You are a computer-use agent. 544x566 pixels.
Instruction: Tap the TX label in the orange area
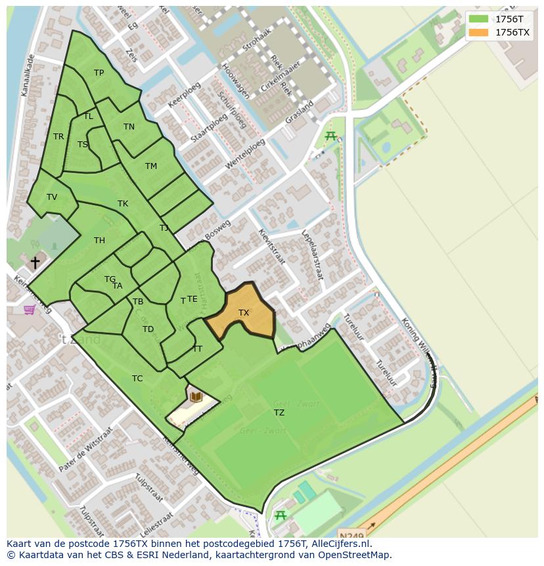[244, 313]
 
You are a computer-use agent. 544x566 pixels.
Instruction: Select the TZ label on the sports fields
[279, 413]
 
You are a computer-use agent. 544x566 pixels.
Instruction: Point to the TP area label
[99, 73]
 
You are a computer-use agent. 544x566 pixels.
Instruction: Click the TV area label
[52, 197]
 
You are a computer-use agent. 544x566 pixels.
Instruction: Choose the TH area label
[99, 241]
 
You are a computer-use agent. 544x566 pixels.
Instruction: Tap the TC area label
[137, 379]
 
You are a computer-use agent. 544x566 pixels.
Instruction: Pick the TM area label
[151, 166]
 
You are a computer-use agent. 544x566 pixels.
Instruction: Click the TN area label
[129, 127]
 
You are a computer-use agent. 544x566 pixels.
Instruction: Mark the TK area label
[123, 204]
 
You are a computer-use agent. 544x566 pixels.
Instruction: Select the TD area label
[148, 329]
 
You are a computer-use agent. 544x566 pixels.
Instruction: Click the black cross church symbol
[35, 262]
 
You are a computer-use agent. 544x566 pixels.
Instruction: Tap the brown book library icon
[196, 396]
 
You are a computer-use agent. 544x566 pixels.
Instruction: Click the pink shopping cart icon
[30, 309]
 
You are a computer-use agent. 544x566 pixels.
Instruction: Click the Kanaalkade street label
[28, 75]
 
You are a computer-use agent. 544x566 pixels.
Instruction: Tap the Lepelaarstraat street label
[313, 254]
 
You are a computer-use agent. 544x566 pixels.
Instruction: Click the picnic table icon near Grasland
[330, 136]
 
